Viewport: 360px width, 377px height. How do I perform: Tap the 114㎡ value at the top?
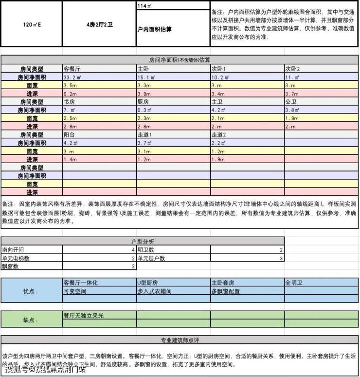pyautogui.click(x=144, y=5)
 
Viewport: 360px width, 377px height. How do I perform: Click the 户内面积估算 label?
pyautogui.click(x=154, y=29)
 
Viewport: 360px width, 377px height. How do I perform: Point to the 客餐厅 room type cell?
pyautogui.click(x=73, y=69)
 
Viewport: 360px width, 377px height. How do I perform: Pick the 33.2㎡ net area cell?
pyautogui.click(x=73, y=77)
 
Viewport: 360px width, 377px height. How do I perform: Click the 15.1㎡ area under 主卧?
pyautogui.click(x=146, y=77)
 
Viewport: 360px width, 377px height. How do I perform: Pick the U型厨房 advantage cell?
pyautogui.click(x=148, y=283)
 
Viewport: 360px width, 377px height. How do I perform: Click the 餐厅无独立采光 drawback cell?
pyautogui.click(x=84, y=316)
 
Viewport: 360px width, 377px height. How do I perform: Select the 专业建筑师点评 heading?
pyautogui.click(x=180, y=340)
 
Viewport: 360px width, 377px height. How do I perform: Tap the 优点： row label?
pyautogui.click(x=30, y=291)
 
